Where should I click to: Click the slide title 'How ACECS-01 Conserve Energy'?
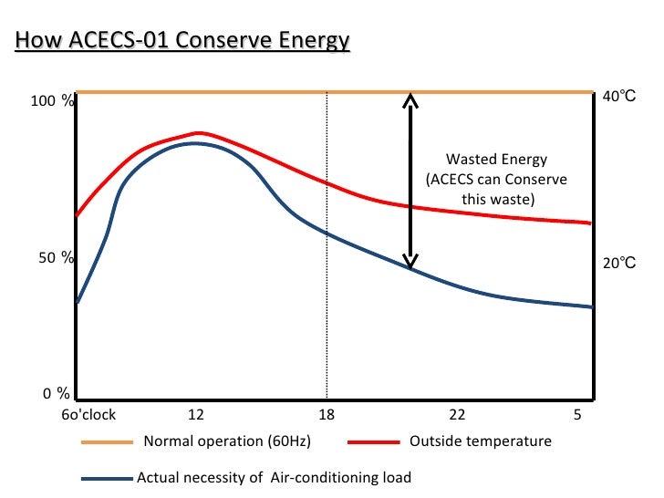[x=182, y=41]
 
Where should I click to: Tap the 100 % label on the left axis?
[x=52, y=101]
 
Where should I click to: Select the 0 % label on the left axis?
[x=57, y=394]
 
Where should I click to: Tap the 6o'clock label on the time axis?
[x=88, y=415]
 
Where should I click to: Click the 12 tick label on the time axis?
[x=195, y=415]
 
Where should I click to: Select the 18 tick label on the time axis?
[x=327, y=415]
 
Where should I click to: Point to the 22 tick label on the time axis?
[x=458, y=415]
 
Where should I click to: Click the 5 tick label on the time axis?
[x=577, y=415]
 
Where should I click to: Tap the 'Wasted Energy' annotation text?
[x=497, y=159]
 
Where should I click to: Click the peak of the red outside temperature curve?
[x=200, y=132]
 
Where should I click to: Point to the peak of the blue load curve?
[x=194, y=143]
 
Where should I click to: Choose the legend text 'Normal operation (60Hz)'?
[x=227, y=442]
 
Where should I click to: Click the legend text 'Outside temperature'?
[x=481, y=441]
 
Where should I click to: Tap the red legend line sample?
[x=374, y=442]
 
